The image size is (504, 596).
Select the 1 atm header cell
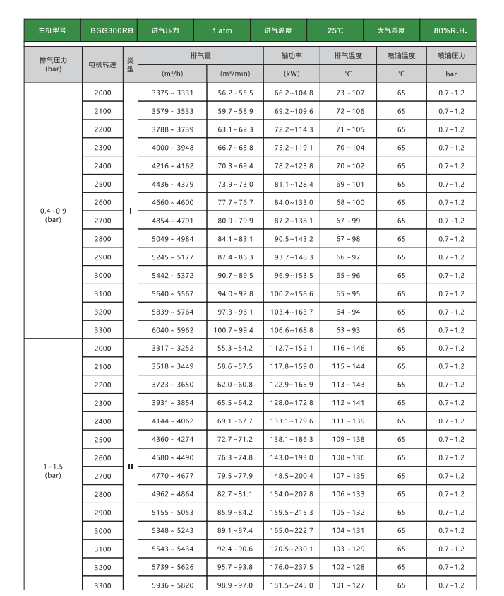coord(222,31)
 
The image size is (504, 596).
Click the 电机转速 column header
coord(102,64)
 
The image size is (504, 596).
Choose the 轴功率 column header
coord(292,55)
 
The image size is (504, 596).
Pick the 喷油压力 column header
coord(451,55)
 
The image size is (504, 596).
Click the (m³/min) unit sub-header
coord(235,74)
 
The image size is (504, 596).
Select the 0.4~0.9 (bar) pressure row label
coord(53,215)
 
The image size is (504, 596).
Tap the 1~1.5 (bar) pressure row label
coord(53,470)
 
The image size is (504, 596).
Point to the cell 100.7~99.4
coord(235,330)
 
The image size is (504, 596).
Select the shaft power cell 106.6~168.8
coord(293,330)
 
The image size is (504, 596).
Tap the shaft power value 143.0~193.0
coord(293,458)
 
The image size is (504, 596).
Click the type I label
coord(131,211)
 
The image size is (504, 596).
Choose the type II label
coord(131,467)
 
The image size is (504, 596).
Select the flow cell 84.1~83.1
coord(235,239)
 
